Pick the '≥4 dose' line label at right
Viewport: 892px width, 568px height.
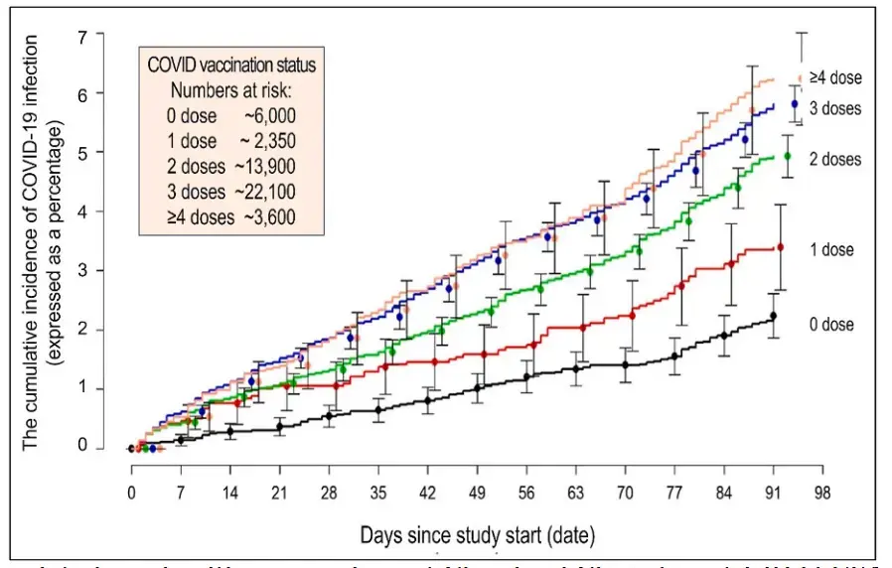coord(834,76)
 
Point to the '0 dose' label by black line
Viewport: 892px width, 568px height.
coord(829,325)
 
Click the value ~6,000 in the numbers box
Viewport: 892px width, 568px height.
coord(269,115)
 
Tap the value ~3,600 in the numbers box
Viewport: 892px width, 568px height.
coord(269,215)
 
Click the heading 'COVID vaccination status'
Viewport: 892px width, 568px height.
coord(231,66)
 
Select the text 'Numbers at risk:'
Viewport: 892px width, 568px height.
coord(230,90)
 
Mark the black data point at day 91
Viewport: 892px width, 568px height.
coord(773,316)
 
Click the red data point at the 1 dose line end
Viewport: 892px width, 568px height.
coord(780,247)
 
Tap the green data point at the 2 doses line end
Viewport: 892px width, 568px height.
coord(788,156)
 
